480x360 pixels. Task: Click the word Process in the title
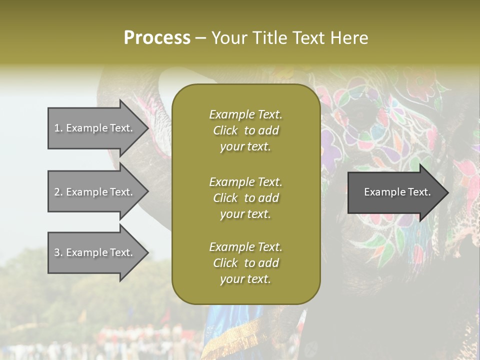(x=157, y=38)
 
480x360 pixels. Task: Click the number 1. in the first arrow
(x=58, y=128)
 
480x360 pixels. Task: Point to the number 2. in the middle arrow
(x=58, y=192)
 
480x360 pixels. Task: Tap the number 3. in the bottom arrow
(x=58, y=252)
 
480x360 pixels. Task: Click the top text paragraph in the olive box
(x=245, y=130)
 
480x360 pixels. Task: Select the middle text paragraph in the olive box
(x=245, y=197)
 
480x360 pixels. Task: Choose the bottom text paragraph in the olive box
(x=245, y=263)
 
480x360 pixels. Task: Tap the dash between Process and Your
(x=201, y=38)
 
